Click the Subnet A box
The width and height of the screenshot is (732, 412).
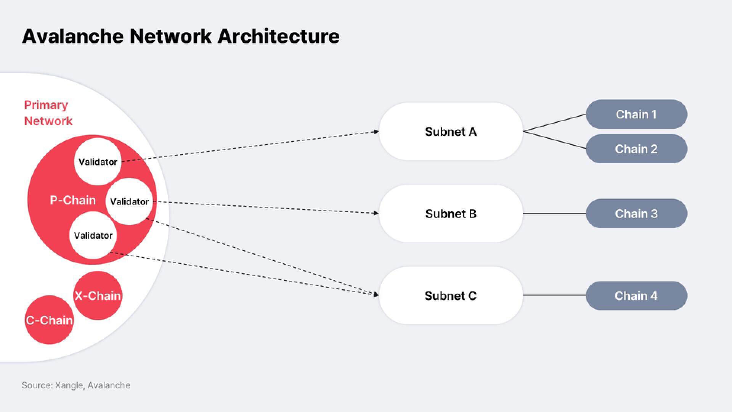click(x=451, y=132)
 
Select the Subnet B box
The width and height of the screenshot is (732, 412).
click(x=451, y=214)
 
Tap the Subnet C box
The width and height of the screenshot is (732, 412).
click(x=451, y=296)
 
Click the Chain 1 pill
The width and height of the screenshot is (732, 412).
click(x=636, y=114)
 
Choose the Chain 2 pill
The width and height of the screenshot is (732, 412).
click(x=636, y=149)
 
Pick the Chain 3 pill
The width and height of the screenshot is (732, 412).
click(x=636, y=214)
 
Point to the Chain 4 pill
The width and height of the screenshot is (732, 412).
click(x=636, y=296)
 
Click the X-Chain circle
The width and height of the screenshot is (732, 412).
click(x=98, y=296)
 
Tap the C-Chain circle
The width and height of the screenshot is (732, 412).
click(x=49, y=320)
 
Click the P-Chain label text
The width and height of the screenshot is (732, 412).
click(x=73, y=200)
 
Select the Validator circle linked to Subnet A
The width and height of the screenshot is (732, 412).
click(x=98, y=162)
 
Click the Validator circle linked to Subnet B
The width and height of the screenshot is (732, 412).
click(x=129, y=201)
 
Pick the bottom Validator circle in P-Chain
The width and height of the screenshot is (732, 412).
click(x=93, y=235)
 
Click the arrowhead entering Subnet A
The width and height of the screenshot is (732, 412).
click(x=377, y=132)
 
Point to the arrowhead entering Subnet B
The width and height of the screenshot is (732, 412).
click(x=377, y=213)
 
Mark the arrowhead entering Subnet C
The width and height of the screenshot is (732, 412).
click(x=377, y=295)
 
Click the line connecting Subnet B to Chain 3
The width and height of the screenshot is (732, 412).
click(x=554, y=214)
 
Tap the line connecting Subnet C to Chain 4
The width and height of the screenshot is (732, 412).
click(x=554, y=295)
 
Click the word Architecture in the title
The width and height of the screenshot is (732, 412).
click(x=279, y=36)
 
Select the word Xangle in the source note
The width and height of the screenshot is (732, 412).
click(x=69, y=386)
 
